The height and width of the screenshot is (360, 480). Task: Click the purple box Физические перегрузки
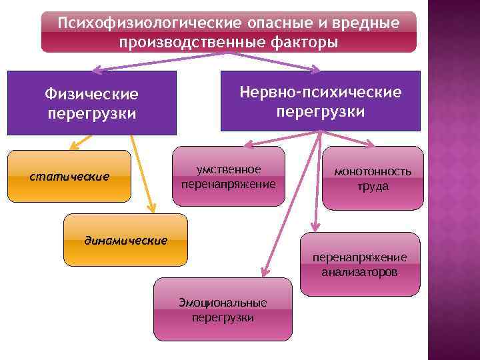pos(92,103)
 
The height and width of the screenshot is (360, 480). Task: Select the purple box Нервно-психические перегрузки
pos(321,101)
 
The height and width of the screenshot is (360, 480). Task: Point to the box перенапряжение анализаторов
pos(360,265)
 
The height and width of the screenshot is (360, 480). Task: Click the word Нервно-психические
pos(321,91)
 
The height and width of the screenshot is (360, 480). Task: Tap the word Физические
pos(92,94)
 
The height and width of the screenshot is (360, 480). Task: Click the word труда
pos(373,187)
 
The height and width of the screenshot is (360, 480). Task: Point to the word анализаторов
pos(360,272)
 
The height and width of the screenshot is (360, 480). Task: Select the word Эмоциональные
pos(223,303)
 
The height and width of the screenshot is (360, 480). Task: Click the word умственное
pos(228,169)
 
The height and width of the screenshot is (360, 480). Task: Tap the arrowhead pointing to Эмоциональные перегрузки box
pos(263,272)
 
